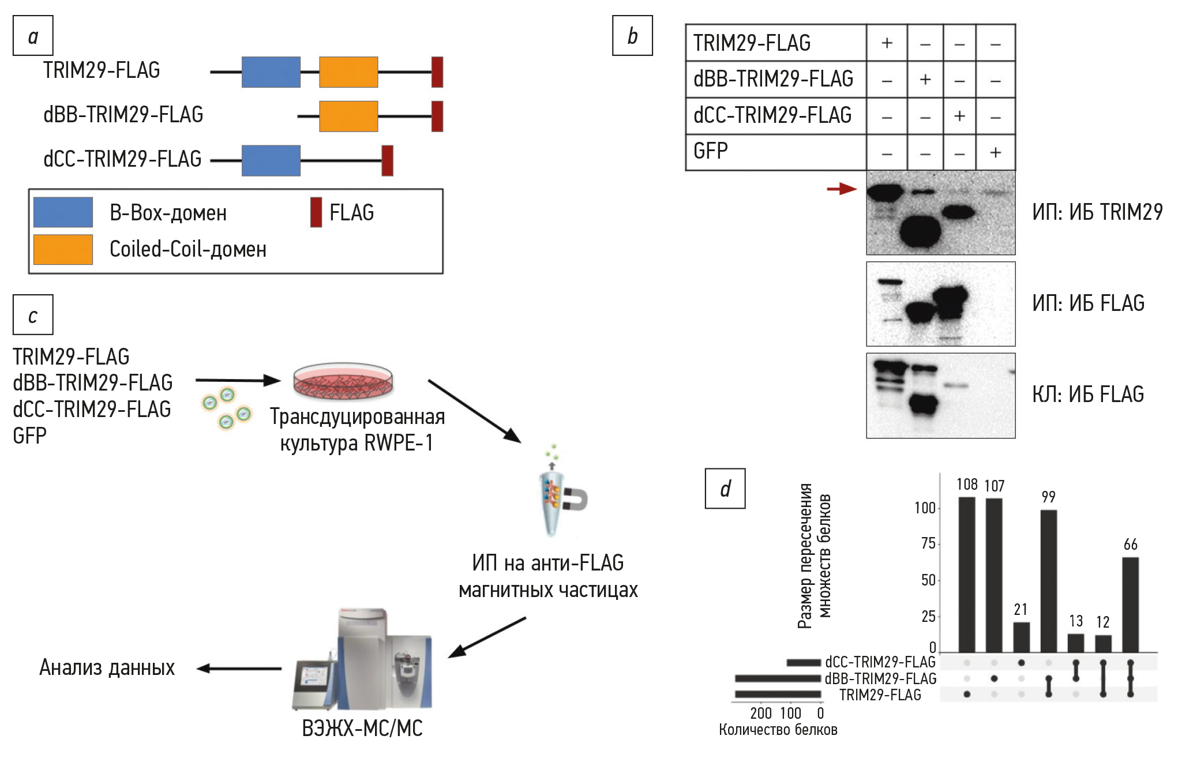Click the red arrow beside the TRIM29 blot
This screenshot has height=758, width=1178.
click(842, 189)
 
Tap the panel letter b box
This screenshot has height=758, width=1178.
click(632, 36)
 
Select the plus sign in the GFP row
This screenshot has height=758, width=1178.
click(995, 153)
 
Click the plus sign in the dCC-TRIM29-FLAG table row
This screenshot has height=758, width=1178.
click(959, 116)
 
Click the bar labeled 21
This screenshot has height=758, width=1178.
click(1021, 637)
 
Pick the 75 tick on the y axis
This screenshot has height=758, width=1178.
click(928, 543)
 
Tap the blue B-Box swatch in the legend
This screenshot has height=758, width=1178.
click(63, 212)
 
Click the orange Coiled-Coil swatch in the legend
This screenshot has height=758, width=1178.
click(63, 249)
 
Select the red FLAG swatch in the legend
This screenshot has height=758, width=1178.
click(316, 212)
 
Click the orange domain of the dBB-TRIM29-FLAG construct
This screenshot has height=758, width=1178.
click(348, 116)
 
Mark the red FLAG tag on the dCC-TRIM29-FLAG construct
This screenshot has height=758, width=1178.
click(388, 160)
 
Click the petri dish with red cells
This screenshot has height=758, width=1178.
click(343, 381)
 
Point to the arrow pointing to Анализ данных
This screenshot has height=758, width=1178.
click(239, 669)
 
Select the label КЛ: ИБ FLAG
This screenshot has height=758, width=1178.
click(1088, 395)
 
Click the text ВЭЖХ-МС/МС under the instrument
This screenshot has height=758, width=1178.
click(362, 729)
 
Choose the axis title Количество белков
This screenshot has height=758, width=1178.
click(778, 730)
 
